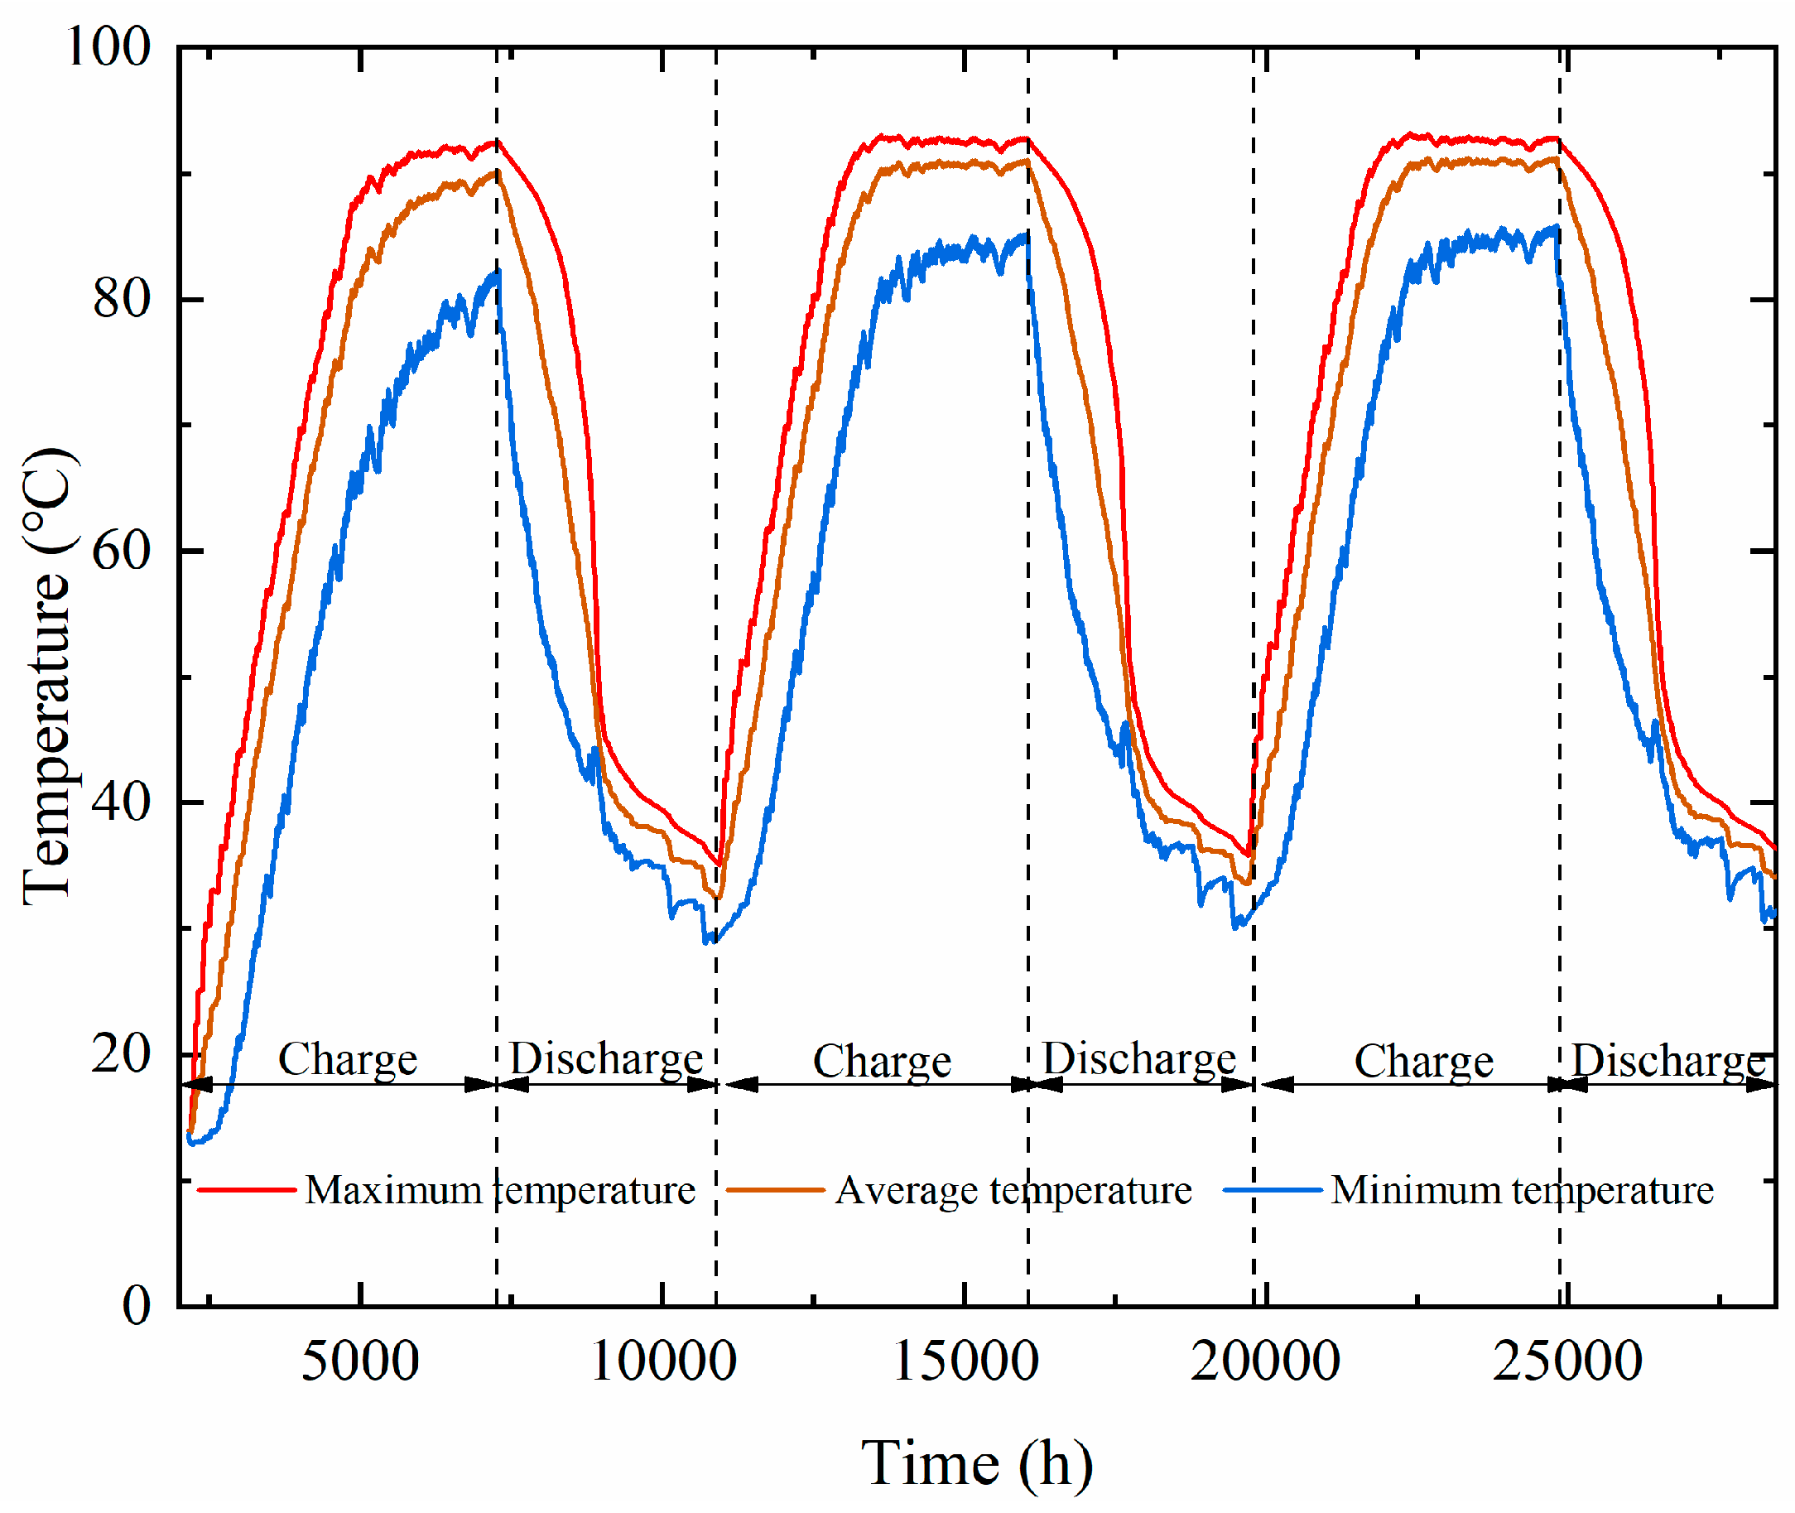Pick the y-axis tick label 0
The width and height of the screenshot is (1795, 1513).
(137, 1305)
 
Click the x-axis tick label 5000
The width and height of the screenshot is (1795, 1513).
(360, 1362)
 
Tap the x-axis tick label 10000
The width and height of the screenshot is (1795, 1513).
(663, 1362)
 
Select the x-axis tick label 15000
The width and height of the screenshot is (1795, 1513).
(965, 1362)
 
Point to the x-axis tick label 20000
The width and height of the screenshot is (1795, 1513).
(1266, 1362)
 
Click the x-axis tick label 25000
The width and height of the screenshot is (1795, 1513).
(1568, 1362)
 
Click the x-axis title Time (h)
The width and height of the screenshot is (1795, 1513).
(977, 1464)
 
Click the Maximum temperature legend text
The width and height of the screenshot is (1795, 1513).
(500, 1191)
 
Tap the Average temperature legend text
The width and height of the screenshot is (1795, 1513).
(1013, 1191)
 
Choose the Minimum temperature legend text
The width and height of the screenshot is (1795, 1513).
(1523, 1191)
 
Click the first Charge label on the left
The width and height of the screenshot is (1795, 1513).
(348, 1060)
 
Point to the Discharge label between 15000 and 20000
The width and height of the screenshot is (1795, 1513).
(1139, 1060)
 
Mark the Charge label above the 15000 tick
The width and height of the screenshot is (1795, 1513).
(883, 1062)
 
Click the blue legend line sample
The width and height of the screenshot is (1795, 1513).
(1273, 1191)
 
